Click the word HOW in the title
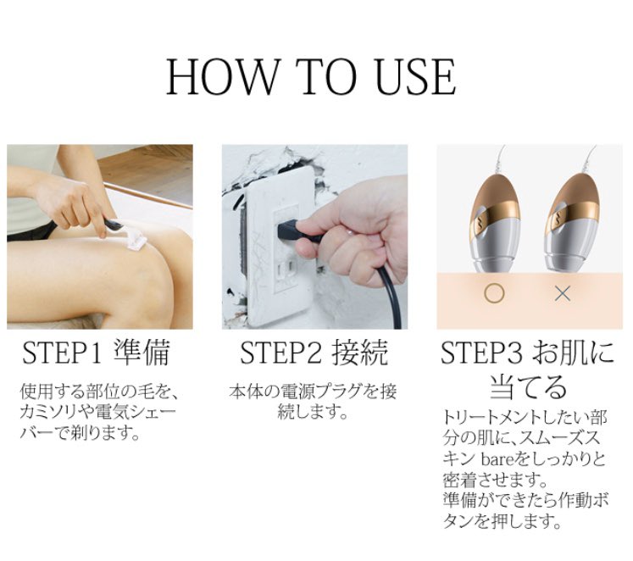click(x=222, y=76)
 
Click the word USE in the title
click(x=416, y=76)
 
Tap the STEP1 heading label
click(x=60, y=353)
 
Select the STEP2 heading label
click(x=280, y=353)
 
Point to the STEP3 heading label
click(x=481, y=353)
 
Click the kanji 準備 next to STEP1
click(x=142, y=352)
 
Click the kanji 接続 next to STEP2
click(x=360, y=352)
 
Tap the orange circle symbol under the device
click(x=494, y=293)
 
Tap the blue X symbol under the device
click(x=563, y=294)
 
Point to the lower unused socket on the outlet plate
click(x=286, y=268)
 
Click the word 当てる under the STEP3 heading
click(x=529, y=386)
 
